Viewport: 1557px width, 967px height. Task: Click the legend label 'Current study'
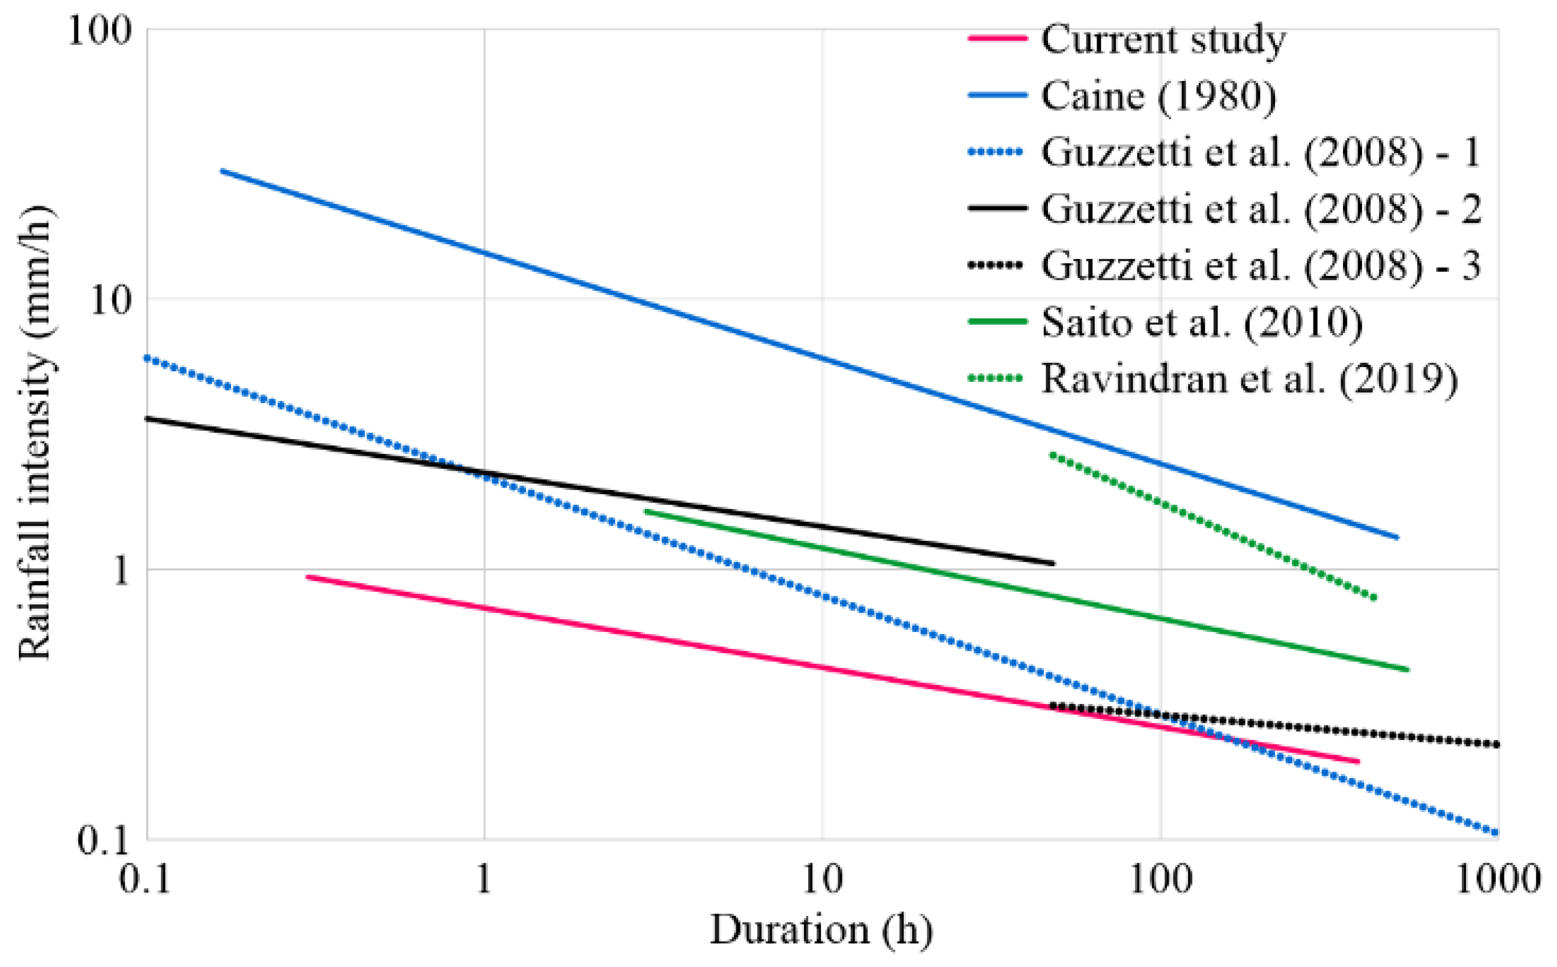pos(1163,40)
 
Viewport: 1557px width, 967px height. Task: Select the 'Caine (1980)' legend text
pos(1158,96)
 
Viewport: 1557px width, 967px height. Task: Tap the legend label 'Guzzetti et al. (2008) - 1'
pos(1260,152)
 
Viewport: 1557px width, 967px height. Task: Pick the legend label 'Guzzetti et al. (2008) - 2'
pos(1260,209)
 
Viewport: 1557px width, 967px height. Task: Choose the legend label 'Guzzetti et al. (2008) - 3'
pos(1260,265)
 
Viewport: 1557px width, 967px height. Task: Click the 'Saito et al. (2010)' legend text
pos(1202,322)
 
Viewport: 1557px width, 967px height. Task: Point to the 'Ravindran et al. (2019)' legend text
pos(1250,379)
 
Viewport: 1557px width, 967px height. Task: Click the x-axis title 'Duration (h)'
pos(821,929)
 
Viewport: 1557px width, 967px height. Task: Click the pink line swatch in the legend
pos(997,39)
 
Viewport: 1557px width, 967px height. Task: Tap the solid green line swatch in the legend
pos(997,321)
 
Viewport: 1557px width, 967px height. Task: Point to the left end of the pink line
pos(307,577)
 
